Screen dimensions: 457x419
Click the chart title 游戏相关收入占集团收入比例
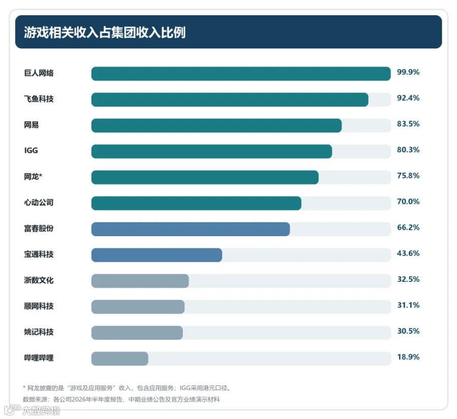tap(105, 32)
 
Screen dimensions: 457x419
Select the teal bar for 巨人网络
tap(241, 74)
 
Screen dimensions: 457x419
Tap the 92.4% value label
tap(408, 98)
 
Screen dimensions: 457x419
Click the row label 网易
tap(31, 125)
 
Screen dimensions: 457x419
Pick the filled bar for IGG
tap(212, 151)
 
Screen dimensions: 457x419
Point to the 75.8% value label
tap(408, 176)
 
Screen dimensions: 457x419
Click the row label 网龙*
tap(33, 176)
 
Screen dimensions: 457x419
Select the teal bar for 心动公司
tap(197, 203)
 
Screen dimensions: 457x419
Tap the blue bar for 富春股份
tap(190, 229)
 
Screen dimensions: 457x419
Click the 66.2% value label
tap(408, 228)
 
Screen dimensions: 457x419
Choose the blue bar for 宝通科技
tap(157, 255)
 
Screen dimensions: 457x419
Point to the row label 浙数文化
tap(39, 280)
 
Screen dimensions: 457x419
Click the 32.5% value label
tap(408, 279)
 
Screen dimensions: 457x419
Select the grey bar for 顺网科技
tap(138, 307)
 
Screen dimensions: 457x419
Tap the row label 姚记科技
tap(39, 332)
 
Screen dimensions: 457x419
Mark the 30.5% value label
tap(408, 331)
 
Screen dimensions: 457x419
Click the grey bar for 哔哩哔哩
tap(120, 359)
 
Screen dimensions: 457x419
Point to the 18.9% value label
tap(408, 357)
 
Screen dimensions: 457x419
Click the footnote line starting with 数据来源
tap(121, 399)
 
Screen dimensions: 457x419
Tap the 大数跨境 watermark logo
tap(32, 410)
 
